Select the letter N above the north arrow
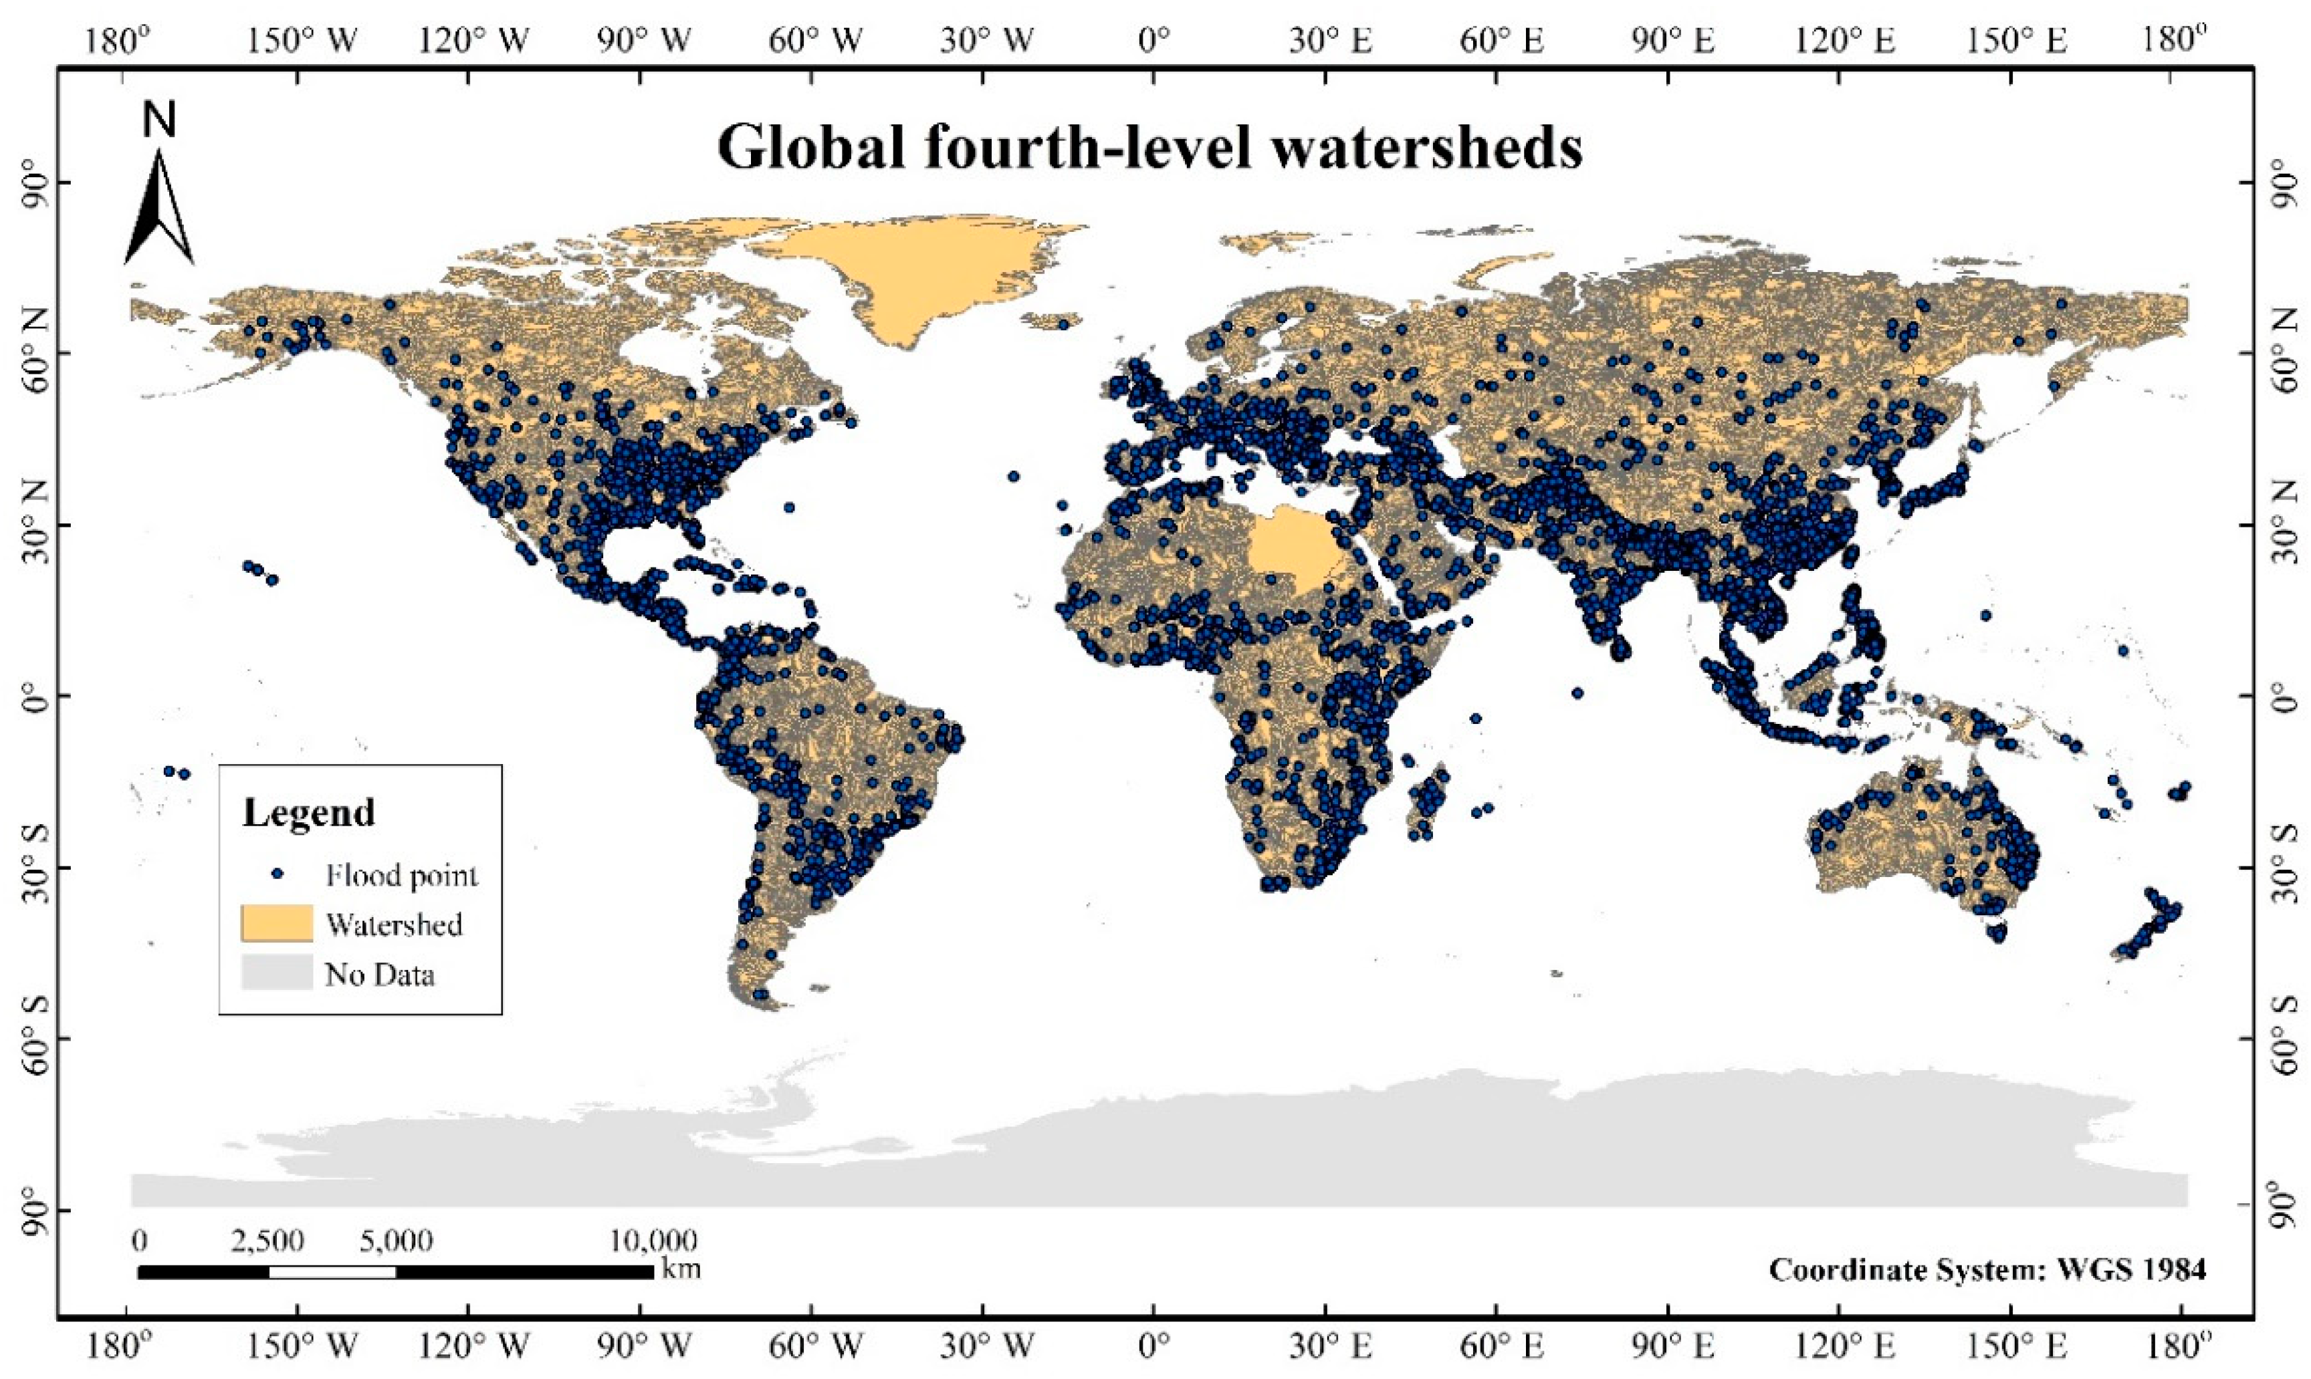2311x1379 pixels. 160,121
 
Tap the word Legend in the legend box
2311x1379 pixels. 309,813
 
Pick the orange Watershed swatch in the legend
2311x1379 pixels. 276,922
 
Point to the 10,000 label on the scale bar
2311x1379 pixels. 653,1241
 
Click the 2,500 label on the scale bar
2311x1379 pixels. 267,1241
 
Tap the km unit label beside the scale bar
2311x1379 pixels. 681,1269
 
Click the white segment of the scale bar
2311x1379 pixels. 332,1271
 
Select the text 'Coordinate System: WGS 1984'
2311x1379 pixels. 1987,1269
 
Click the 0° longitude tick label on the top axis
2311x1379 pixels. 1153,42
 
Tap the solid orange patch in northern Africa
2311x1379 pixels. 1287,548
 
